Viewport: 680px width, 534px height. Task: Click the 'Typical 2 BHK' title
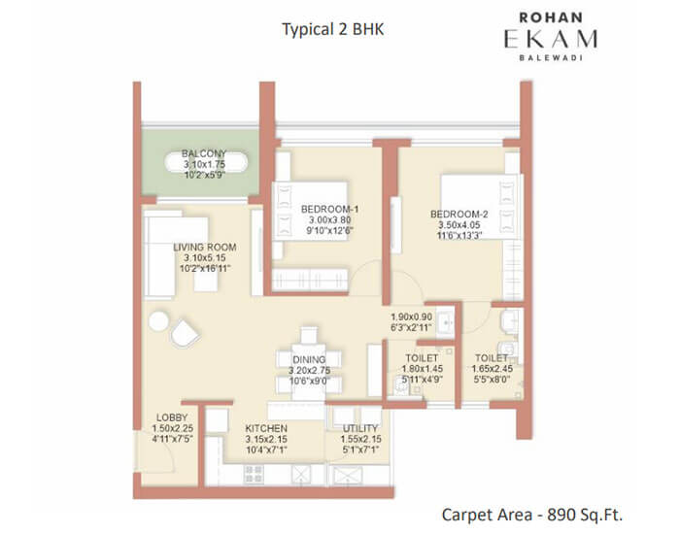point(333,29)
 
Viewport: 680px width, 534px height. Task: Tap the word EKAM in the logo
point(551,39)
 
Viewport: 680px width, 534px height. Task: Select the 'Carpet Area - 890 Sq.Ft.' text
point(532,515)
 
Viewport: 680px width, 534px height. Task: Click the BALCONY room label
point(204,153)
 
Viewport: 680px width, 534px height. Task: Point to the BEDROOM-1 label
point(329,210)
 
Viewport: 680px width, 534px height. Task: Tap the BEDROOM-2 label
point(459,215)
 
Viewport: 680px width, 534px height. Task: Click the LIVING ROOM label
point(205,248)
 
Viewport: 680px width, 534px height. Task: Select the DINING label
point(309,360)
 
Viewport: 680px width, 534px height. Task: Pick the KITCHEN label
point(266,428)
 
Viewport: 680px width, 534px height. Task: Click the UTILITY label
point(360,428)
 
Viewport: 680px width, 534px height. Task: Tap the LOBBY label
point(172,417)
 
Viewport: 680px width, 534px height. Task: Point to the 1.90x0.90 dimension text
point(412,317)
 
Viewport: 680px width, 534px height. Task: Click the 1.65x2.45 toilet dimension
point(493,369)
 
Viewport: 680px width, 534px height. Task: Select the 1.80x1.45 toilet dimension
point(423,369)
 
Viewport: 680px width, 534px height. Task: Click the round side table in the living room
point(158,321)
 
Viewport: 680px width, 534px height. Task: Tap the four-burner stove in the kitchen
point(254,474)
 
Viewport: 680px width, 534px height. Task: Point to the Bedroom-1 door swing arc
point(365,279)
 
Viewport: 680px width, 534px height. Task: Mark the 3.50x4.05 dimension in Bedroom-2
point(459,225)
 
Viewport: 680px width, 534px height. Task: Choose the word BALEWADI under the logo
point(551,57)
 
